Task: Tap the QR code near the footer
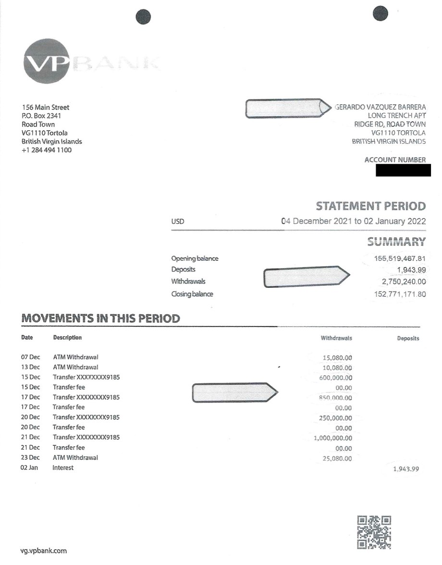click(374, 532)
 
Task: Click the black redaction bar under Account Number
click(403, 170)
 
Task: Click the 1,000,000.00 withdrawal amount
click(332, 438)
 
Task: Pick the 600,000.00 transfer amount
click(335, 378)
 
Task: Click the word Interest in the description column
click(63, 467)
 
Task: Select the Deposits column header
click(408, 338)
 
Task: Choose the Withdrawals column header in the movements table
click(336, 338)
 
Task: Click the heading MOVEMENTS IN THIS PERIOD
click(101, 319)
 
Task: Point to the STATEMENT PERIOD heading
click(370, 207)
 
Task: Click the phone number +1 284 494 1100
click(47, 150)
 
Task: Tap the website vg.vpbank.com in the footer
click(43, 551)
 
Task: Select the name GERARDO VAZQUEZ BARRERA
click(380, 107)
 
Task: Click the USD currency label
click(177, 222)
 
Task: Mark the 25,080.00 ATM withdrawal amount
click(338, 459)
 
